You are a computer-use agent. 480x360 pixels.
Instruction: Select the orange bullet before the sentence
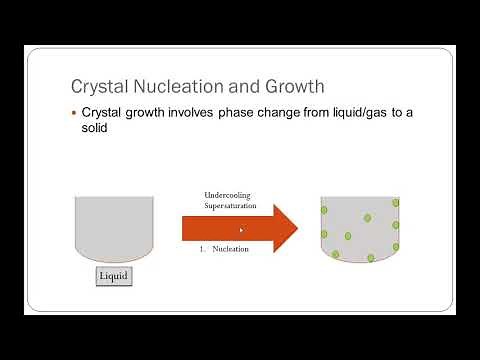[73, 113]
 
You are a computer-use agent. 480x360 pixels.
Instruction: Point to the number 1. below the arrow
[204, 249]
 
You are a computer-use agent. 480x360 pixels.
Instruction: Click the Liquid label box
[114, 274]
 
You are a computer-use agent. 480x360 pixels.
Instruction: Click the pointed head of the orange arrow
[290, 229]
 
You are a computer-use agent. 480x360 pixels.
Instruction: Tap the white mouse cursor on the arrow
[242, 231]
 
